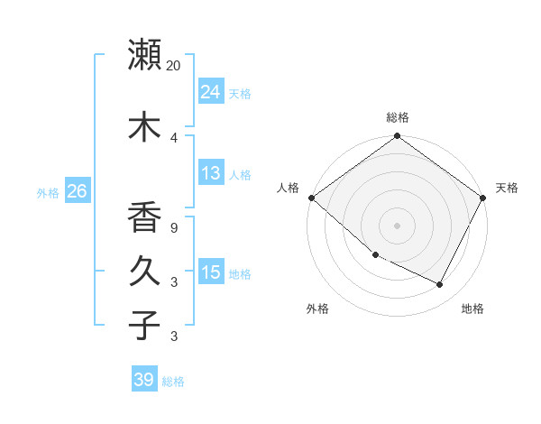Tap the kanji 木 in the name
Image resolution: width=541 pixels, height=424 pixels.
[x=144, y=126]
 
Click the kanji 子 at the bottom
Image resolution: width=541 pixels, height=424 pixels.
[x=144, y=325]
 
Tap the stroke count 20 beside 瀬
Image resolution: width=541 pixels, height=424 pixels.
[x=174, y=65]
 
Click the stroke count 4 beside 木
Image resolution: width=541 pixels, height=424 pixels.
[x=174, y=137]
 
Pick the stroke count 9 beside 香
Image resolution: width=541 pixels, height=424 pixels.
[x=174, y=228]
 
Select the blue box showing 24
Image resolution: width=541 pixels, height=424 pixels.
[x=210, y=91]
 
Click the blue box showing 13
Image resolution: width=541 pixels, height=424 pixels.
[x=210, y=173]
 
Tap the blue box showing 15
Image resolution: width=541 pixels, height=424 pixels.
[x=210, y=272]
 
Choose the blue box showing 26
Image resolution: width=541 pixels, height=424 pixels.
[x=77, y=191]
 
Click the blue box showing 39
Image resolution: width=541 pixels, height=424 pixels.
[x=143, y=380]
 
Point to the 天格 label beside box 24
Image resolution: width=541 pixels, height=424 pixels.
[x=240, y=93]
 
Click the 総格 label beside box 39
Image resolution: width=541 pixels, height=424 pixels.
[x=173, y=382]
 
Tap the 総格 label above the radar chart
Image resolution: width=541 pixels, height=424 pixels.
[x=398, y=117]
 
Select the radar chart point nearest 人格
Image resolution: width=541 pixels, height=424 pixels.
[x=311, y=198]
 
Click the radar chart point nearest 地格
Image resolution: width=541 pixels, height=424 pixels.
[x=440, y=284]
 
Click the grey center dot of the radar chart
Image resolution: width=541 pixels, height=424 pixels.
[x=398, y=226]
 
